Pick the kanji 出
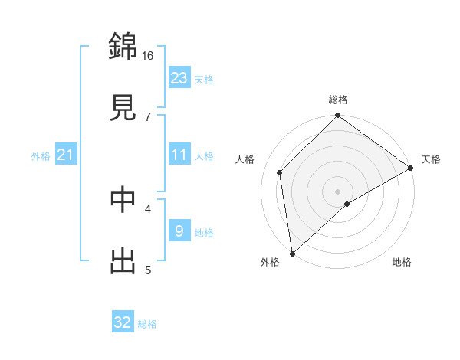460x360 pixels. (123, 260)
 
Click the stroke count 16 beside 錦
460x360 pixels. (148, 55)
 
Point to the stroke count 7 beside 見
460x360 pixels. (148, 116)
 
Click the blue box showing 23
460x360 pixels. (179, 77)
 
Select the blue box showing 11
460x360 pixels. (179, 155)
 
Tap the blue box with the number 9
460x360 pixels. (179, 231)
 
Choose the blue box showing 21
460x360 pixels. (65, 155)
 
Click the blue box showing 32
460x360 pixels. (123, 322)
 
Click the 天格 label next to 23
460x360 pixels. (204, 79)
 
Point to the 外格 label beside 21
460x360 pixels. (41, 156)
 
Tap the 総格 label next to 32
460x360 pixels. (147, 324)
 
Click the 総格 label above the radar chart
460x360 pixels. (338, 100)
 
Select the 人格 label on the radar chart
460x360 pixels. (245, 159)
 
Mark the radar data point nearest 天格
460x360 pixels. (411, 169)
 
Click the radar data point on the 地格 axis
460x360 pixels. (347, 204)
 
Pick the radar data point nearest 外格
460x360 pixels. (292, 254)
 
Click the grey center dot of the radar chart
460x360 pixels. (337, 191)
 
